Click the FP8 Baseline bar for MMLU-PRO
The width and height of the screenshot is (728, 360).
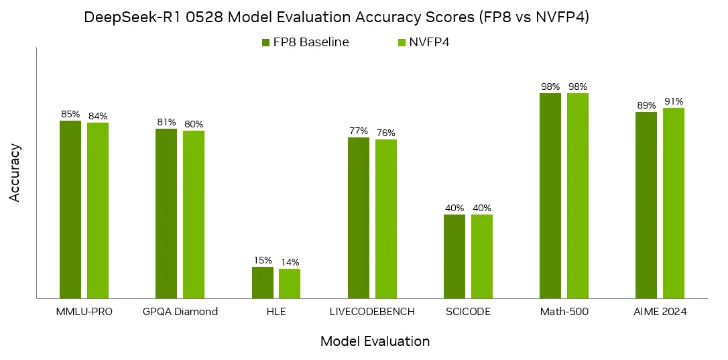[x=70, y=209]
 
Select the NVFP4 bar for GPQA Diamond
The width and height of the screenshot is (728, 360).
[x=194, y=215]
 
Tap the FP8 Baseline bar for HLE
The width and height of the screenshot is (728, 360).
[x=263, y=282]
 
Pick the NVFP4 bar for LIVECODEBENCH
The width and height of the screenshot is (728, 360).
[x=386, y=219]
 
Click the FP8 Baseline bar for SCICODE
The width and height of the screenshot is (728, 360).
[x=454, y=256]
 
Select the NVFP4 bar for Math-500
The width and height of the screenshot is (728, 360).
[x=578, y=196]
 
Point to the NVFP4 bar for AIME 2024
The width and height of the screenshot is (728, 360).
[x=674, y=203]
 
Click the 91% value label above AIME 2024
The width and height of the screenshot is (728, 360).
[x=674, y=101]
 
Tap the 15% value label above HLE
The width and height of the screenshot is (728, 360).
[x=263, y=260]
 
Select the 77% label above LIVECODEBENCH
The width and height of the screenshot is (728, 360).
[x=359, y=131]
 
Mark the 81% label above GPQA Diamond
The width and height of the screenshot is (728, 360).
[x=166, y=122]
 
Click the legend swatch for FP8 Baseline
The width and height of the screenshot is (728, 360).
[x=265, y=43]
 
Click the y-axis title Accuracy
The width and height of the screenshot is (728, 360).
[x=15, y=172]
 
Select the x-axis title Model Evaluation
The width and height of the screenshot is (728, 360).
[x=375, y=341]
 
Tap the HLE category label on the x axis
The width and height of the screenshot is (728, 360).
[x=276, y=312]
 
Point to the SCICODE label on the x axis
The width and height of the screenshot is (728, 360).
[x=468, y=312]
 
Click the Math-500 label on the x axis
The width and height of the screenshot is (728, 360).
[x=564, y=312]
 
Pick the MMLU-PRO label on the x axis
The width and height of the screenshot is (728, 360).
[x=84, y=312]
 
